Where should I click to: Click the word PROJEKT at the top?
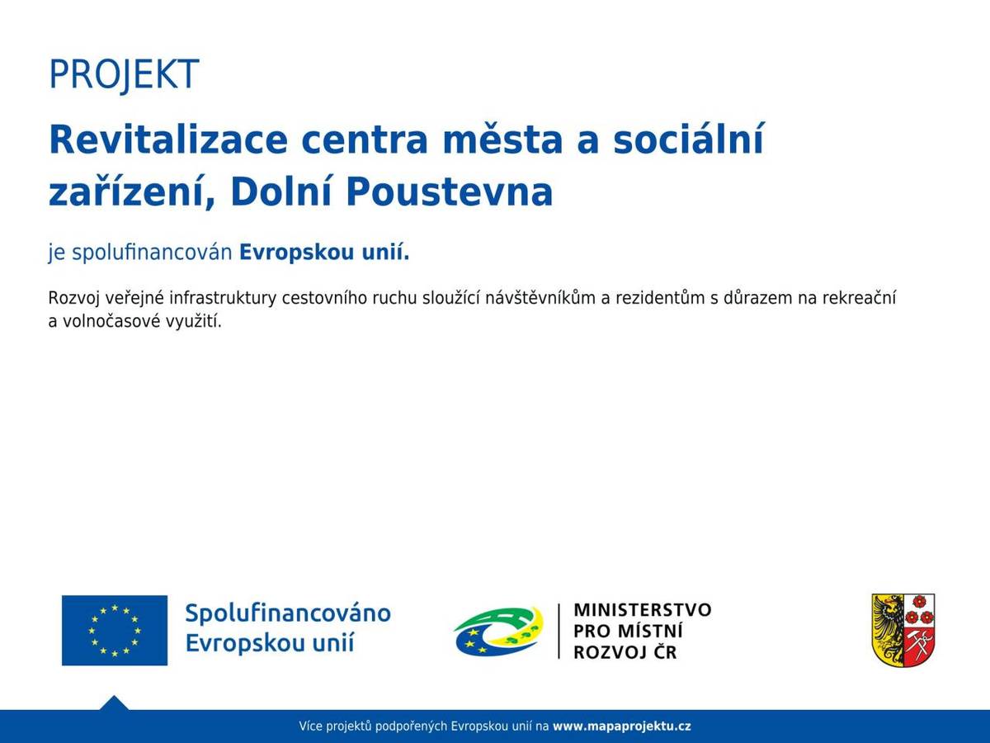(124, 75)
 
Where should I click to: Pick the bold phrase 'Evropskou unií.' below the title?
(324, 253)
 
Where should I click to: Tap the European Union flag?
(115, 630)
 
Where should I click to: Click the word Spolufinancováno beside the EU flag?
(287, 613)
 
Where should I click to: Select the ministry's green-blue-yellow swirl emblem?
(498, 632)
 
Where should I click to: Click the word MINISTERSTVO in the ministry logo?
(642, 610)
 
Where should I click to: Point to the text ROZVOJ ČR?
(625, 653)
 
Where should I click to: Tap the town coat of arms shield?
(903, 630)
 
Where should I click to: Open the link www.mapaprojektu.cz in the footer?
(621, 726)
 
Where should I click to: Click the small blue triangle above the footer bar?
(114, 703)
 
